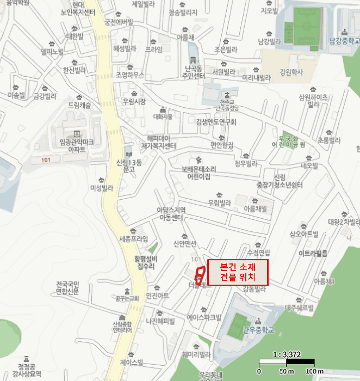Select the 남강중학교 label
click(x=344, y=40)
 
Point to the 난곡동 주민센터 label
click(x=195, y=72)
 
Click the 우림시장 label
click(x=134, y=101)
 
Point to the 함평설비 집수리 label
click(x=146, y=263)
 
